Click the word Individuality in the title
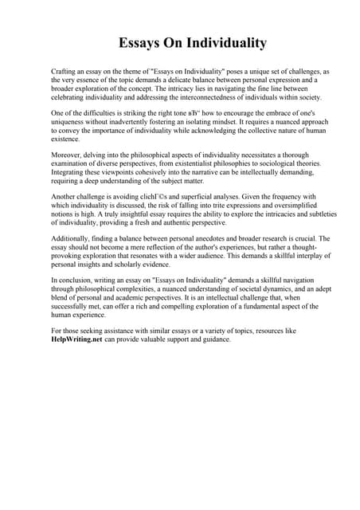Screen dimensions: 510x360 tap(220, 42)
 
